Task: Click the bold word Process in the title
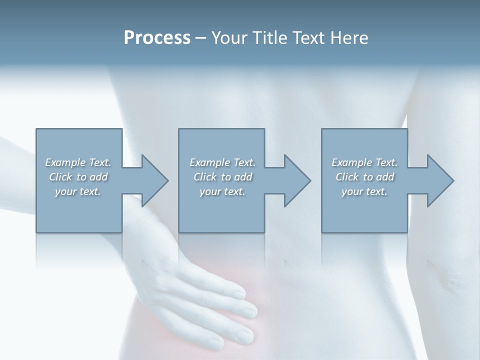157,38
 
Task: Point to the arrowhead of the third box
439,180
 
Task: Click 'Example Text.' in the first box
78,162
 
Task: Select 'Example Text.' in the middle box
222,162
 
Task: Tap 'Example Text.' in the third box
364,162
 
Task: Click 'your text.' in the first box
78,191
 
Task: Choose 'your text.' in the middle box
222,191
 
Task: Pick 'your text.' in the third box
364,191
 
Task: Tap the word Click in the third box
347,177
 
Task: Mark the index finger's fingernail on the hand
239,295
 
